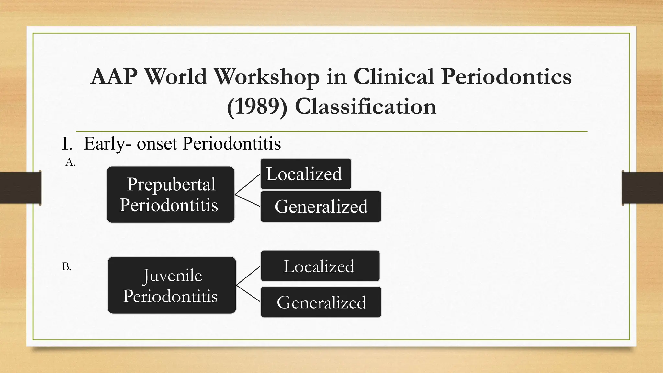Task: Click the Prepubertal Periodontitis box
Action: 171,195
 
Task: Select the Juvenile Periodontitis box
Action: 172,285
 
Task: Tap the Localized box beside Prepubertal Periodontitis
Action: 306,174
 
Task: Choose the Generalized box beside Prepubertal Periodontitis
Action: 320,207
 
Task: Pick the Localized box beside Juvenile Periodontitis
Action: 320,266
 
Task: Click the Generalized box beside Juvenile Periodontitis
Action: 321,302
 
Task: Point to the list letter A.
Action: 70,162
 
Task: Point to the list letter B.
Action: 66,267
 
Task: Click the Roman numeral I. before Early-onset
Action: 67,143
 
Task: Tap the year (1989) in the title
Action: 257,107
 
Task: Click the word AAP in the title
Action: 114,77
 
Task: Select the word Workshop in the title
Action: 266,77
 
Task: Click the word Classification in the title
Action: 365,107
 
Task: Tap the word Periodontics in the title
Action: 506,77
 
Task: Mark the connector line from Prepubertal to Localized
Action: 247,185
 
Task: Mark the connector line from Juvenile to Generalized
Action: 248,294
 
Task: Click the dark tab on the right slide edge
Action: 642,188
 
